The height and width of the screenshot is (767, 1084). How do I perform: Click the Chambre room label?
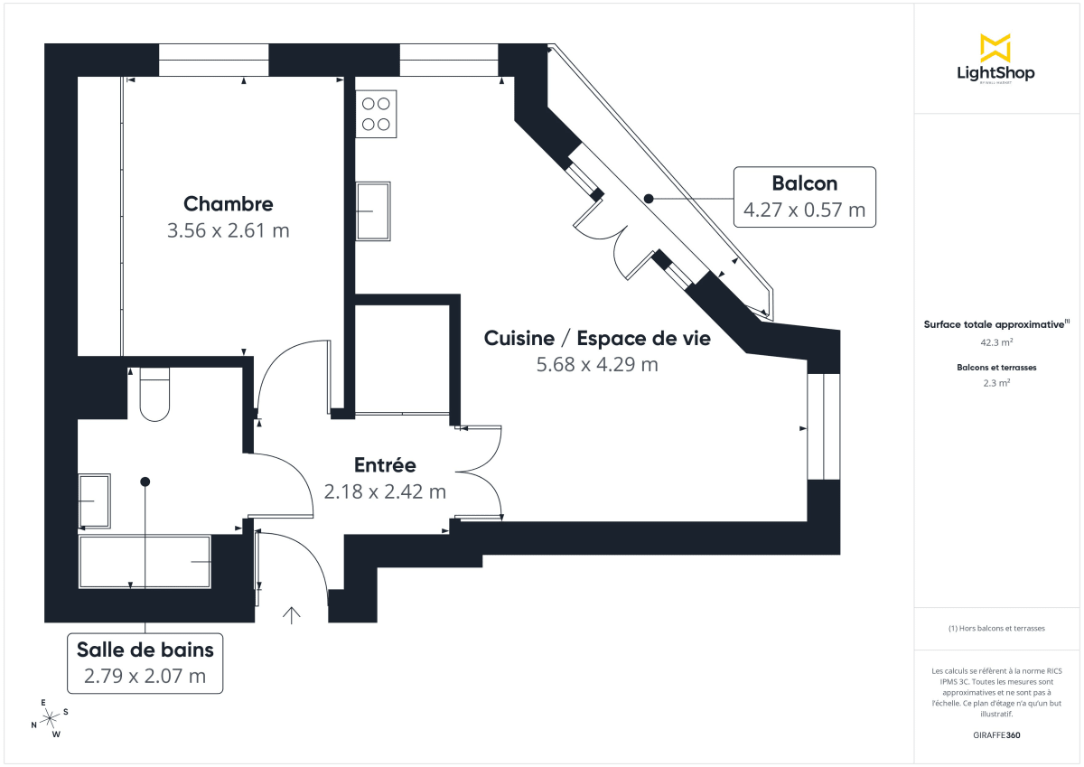228,203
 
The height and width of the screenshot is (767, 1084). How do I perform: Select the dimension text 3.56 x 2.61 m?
228,230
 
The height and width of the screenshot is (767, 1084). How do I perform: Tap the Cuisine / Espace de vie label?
597,338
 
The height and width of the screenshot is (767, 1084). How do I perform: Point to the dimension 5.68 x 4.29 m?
597,365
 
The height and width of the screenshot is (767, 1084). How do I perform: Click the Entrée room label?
385,465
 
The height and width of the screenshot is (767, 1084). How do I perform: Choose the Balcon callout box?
804,197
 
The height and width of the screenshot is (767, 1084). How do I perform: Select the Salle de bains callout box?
145,662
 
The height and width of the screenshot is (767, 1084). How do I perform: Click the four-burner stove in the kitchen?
376,114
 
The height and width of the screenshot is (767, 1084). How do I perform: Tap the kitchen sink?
374,211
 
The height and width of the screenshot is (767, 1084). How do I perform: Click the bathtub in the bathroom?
145,562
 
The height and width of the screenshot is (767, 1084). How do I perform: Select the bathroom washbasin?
94,500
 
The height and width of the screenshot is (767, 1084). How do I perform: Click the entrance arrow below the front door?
291,615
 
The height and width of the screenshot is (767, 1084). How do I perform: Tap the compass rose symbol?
50,716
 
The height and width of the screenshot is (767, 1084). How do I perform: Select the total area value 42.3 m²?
995,342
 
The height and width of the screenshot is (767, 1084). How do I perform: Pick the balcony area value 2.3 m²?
995,382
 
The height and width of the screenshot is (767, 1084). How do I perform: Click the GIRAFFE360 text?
995,735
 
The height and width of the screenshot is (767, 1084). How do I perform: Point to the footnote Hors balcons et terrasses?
995,628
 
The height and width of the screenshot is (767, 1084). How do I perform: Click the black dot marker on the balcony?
648,198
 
